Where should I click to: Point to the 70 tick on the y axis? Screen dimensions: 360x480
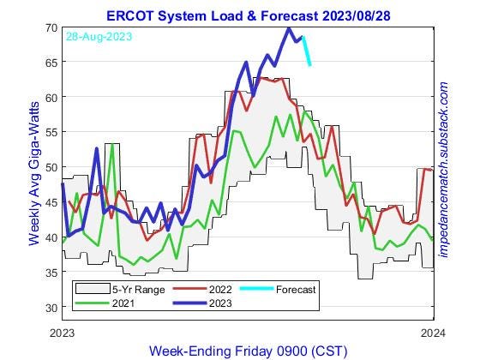tap(51, 28)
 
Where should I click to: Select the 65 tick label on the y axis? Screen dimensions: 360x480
tap(51, 63)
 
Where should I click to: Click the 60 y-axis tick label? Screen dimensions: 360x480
tap(51, 98)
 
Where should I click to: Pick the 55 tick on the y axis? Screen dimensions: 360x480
tap(51, 133)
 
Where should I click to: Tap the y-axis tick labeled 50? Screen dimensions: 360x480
tap(51, 167)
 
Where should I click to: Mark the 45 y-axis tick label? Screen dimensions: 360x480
tap(51, 202)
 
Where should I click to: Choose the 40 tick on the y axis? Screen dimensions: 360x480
tap(51, 237)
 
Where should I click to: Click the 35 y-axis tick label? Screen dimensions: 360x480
tap(51, 273)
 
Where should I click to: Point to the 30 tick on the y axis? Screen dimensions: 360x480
tap(51, 307)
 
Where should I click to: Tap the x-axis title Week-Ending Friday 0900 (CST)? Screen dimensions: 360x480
tap(249, 351)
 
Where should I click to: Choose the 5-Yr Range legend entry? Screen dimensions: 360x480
tap(129, 289)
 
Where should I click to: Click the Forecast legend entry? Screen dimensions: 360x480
tap(283, 289)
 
